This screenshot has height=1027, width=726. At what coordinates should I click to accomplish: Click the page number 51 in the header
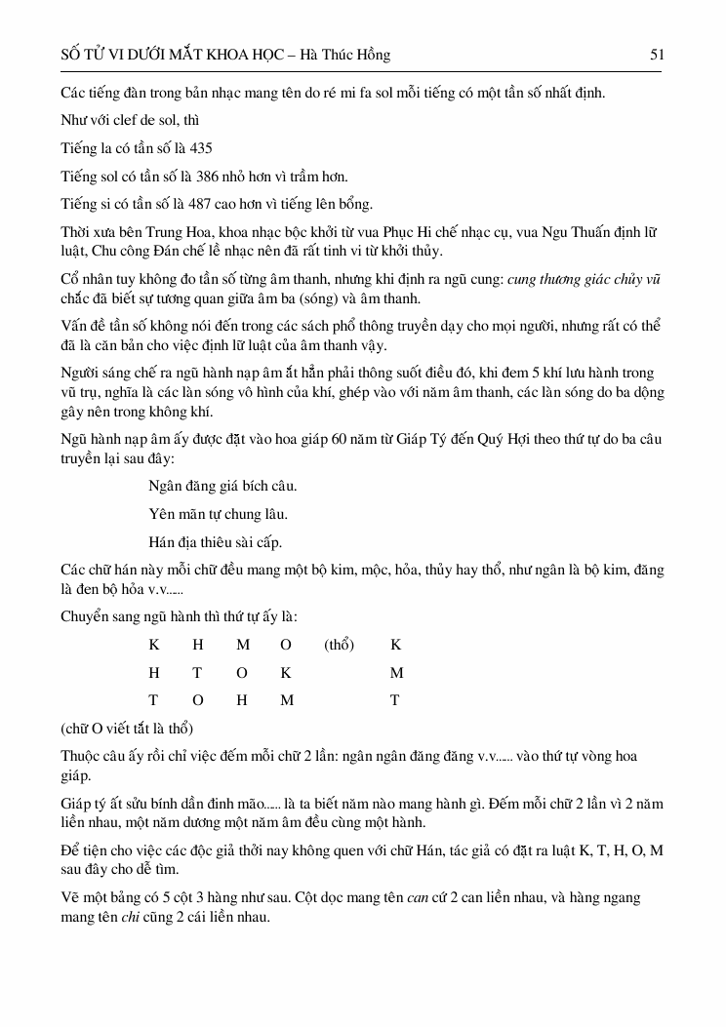pos(657,56)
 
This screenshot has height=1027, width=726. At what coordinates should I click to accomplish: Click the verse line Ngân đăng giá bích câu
pos(222,486)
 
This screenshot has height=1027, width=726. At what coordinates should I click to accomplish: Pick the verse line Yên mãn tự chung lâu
pos(218,513)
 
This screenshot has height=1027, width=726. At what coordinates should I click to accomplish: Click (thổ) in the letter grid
pos(339,645)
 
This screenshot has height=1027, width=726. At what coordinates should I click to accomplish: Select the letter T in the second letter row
pos(197,673)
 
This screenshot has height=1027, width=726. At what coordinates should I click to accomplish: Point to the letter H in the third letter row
pos(242,700)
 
